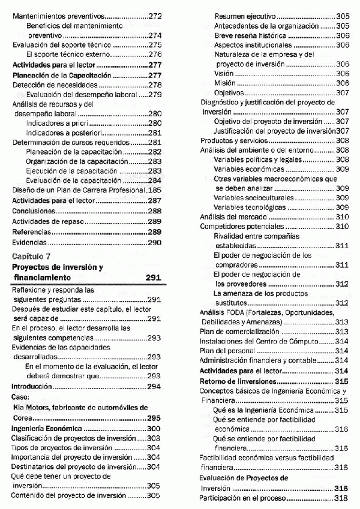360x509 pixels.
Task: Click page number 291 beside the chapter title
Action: point(154,278)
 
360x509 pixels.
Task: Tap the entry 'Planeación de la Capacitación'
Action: point(62,75)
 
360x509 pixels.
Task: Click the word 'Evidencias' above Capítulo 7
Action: point(29,242)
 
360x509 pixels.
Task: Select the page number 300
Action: point(154,429)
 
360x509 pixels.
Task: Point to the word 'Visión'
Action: point(224,73)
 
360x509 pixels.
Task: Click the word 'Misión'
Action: point(224,83)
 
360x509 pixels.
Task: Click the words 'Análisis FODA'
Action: point(225,312)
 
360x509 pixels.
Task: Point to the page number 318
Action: point(342,498)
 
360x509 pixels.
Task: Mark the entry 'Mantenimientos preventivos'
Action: point(58,17)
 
